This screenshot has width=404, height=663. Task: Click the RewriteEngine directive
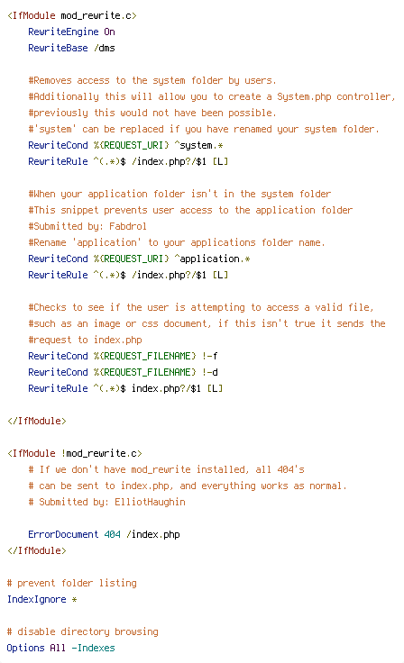(x=63, y=32)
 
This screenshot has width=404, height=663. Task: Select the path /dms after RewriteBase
(x=105, y=48)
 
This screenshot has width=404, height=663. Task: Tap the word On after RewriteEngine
(x=109, y=32)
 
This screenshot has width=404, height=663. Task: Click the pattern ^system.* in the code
(x=198, y=145)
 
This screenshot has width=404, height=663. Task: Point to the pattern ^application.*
(x=212, y=259)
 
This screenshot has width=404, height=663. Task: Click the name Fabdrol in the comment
(x=128, y=226)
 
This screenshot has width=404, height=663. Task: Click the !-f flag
(x=209, y=356)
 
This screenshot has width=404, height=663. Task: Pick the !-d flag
(x=209, y=372)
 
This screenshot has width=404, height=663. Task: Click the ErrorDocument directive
(x=63, y=534)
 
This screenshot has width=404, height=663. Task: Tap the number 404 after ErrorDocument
(x=112, y=534)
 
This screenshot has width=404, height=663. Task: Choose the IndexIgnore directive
(x=36, y=600)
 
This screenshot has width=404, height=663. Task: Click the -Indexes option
(x=93, y=648)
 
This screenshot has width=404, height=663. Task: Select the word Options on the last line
(x=25, y=649)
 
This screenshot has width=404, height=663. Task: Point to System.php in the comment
(x=304, y=96)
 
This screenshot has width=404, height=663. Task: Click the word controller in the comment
(x=363, y=96)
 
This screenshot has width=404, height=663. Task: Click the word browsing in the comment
(x=136, y=631)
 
